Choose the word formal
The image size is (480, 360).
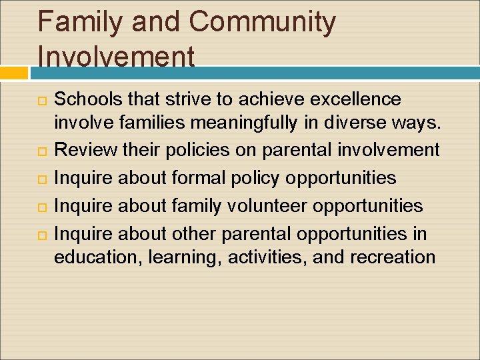(x=192, y=178)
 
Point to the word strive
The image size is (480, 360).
(x=182, y=99)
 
